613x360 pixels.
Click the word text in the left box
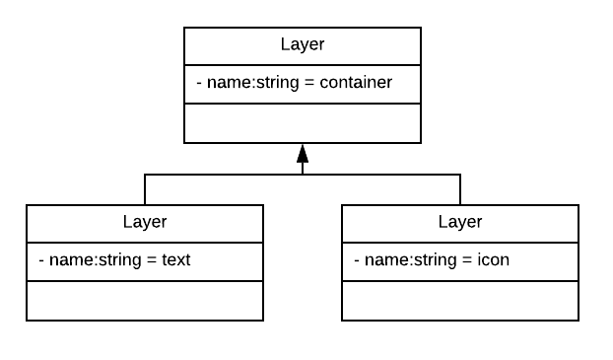[175, 260]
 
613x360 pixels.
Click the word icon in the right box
[494, 260]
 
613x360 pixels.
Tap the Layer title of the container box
[303, 44]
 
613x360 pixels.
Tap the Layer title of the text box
[145, 222]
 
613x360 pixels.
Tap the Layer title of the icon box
[460, 222]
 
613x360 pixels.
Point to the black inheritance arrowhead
[303, 154]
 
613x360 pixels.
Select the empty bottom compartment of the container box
[303, 123]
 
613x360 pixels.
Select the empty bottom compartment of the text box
[145, 300]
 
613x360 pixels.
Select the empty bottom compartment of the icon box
[460, 300]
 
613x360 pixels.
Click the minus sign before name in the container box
[199, 83]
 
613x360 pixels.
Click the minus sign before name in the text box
[41, 260]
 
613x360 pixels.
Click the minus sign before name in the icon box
[357, 260]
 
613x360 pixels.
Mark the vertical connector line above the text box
[145, 189]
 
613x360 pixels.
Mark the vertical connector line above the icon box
[460, 189]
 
